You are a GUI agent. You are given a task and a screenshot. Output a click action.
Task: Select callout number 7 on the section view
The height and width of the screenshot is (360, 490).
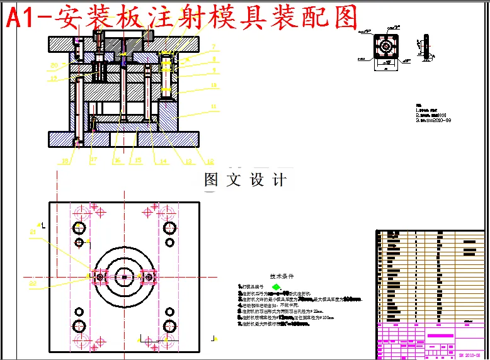point(214,47)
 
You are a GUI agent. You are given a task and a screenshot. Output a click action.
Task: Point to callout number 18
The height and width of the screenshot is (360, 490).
point(65,161)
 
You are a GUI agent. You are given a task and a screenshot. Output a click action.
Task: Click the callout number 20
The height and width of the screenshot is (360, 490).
point(55,65)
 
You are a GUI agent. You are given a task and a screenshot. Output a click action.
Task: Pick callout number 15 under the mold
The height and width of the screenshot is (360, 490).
point(137,161)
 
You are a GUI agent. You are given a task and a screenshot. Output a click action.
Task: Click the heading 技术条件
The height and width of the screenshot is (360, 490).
point(282,276)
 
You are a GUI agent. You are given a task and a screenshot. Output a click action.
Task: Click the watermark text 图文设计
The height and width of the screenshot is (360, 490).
point(246,180)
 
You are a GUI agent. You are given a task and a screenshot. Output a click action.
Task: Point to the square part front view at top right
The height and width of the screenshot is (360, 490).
point(385,48)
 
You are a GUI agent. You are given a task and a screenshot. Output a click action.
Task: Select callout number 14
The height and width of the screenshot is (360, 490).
point(164,161)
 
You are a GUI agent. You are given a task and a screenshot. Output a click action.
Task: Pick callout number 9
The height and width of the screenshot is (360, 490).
point(214,70)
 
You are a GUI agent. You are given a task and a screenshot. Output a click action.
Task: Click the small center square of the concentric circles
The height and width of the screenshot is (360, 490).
point(125,277)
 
